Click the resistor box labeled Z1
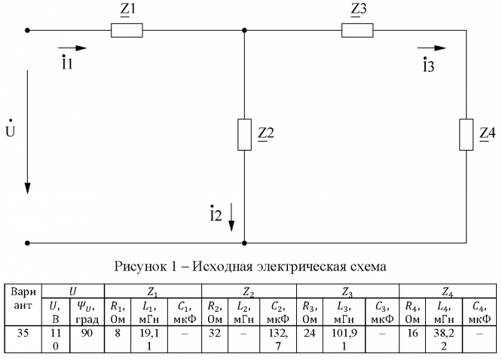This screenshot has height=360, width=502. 127,31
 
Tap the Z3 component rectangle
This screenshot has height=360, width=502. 357,31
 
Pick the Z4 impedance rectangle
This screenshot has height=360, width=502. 468,134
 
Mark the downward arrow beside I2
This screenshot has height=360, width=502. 232,218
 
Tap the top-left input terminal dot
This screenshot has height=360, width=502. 28,31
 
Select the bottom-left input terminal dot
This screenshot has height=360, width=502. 28,243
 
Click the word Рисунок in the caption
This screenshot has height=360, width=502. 137,266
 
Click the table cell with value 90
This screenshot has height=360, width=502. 89,333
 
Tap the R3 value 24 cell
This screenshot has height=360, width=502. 309,333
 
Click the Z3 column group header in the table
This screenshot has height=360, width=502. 347,291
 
